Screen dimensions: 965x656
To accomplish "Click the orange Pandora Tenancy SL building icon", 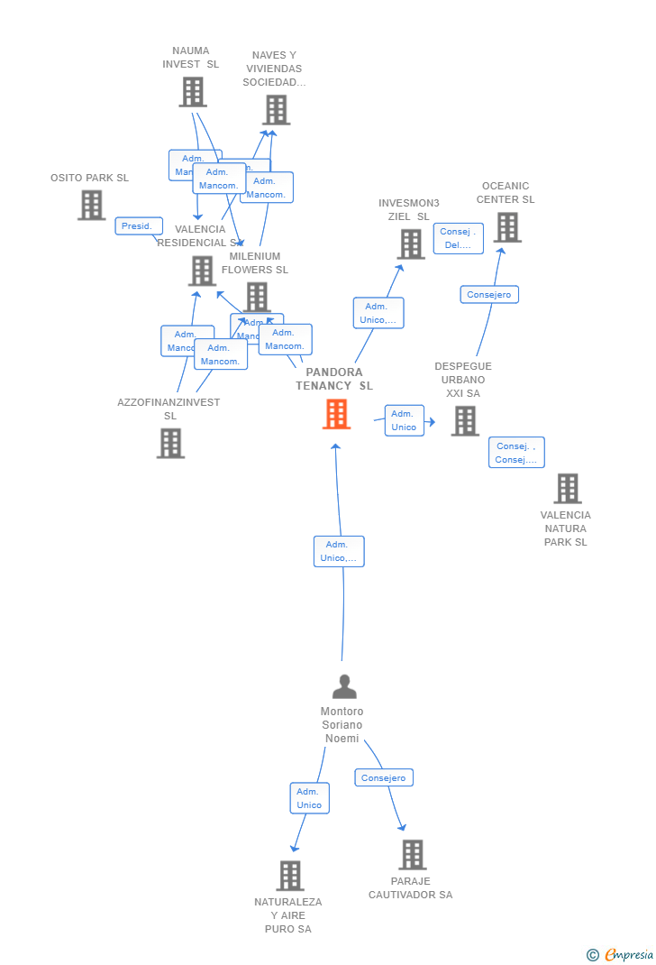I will pos(336,414).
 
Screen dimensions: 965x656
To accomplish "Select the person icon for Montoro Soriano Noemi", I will pos(344,686).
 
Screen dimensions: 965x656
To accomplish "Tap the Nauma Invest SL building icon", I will pos(192,91).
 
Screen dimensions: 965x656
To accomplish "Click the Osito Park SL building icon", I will pos(91,205).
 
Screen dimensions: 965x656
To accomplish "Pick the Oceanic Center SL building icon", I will pos(507,227).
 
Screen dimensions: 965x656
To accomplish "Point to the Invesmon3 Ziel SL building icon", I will pos(411,244).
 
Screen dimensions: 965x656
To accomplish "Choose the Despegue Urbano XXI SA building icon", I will pos(465,420).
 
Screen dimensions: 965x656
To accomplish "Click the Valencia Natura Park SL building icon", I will pos(567,488).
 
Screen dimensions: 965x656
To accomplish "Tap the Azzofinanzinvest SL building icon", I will pos(170,443).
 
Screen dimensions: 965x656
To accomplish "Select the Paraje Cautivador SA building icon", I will pos(412,854).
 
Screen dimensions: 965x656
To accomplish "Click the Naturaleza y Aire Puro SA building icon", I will pos(289,875).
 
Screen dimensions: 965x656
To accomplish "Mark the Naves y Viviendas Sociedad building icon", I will pos(276,109).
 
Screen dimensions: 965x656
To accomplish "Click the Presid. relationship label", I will pos(139,225).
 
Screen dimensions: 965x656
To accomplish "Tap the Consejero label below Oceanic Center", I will pos(489,294).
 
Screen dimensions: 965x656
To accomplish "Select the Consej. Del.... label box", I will pos(458,238).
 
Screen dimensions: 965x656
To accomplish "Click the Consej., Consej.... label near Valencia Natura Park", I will pos(516,453).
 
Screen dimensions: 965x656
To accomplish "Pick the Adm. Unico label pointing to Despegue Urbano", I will pos(404,420).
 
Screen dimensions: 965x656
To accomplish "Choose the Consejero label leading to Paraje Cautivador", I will pos(384,777).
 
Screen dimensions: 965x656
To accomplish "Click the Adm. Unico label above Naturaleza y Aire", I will pos(309,798).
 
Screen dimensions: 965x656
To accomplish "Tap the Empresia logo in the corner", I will pos(621,954).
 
